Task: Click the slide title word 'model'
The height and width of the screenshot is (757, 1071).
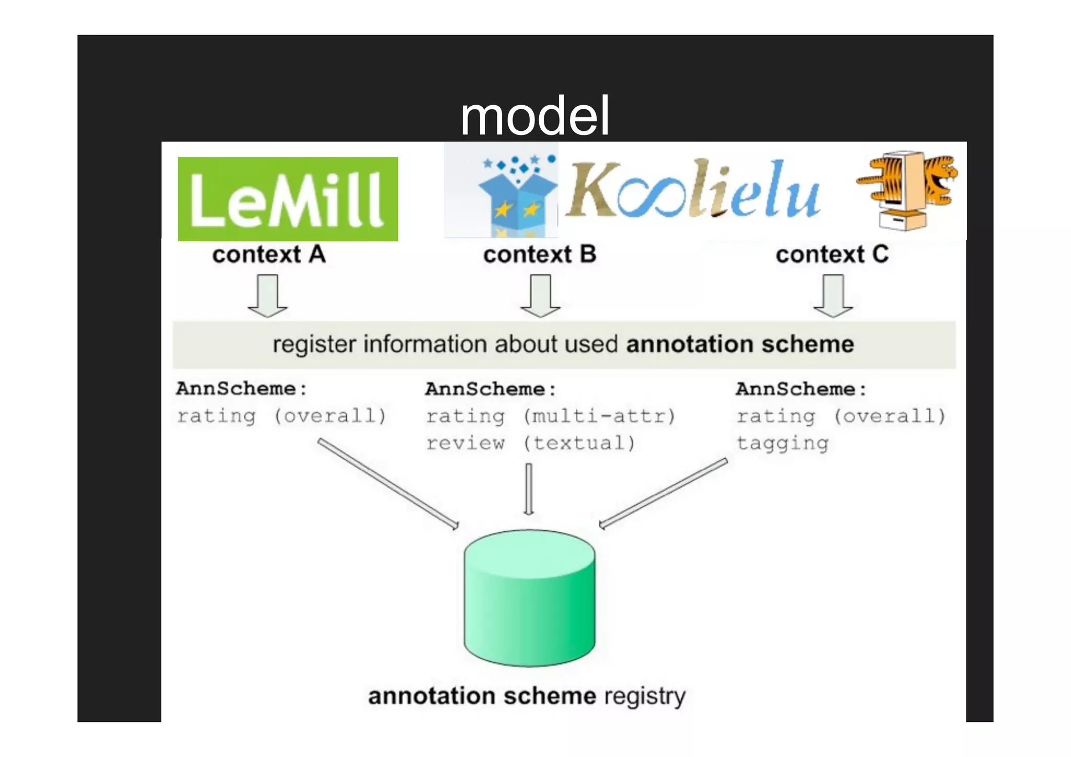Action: coord(534,116)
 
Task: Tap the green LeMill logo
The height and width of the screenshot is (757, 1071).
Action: coord(288,199)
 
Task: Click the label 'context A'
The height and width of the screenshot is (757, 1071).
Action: coord(269,255)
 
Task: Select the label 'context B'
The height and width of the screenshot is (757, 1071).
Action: coord(540,255)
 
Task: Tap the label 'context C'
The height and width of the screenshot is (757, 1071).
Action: coord(832,255)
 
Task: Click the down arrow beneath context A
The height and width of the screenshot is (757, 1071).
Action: coord(268,296)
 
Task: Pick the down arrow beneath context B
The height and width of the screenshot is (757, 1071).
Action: coord(540,296)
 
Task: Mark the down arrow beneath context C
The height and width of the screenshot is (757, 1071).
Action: coord(833,296)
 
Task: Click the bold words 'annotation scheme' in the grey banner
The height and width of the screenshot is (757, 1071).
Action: coord(739,344)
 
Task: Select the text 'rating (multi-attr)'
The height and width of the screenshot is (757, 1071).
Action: coord(550,416)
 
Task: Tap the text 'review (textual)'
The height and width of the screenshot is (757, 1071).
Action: coord(530,444)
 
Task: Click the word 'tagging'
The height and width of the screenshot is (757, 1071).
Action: coord(782,444)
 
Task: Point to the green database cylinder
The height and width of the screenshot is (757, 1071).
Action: coord(529,597)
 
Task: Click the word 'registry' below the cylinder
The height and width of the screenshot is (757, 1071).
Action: coord(644,696)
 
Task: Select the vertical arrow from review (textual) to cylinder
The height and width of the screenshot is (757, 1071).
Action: coord(529,489)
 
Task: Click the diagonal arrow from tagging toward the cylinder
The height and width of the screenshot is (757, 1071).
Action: coord(663,493)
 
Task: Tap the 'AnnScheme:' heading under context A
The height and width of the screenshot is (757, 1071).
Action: coord(242,389)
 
